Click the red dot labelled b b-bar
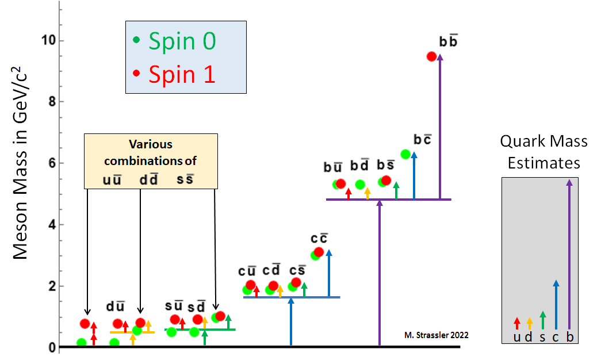pos(431,56)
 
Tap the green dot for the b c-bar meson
pos(405,154)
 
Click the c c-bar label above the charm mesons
pos(319,238)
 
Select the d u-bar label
pos(115,307)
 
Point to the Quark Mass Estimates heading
pos(543,152)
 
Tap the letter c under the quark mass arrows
pos(556,337)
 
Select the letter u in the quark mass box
pos(517,337)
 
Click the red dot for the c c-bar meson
pos(319,252)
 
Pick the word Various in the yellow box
pos(151,144)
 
